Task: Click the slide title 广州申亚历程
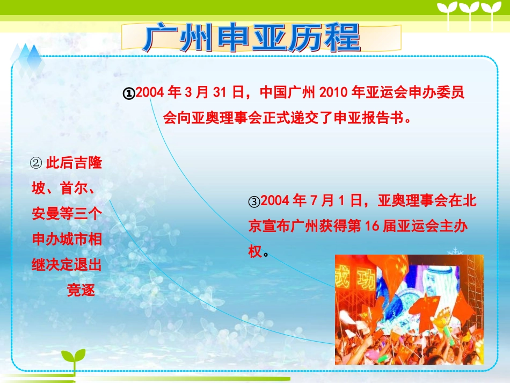(252, 38)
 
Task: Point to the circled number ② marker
(37, 163)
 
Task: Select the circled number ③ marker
(254, 202)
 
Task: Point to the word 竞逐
(81, 291)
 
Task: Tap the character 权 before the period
(255, 251)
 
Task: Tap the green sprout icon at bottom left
(73, 360)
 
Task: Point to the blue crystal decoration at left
(31, 58)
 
